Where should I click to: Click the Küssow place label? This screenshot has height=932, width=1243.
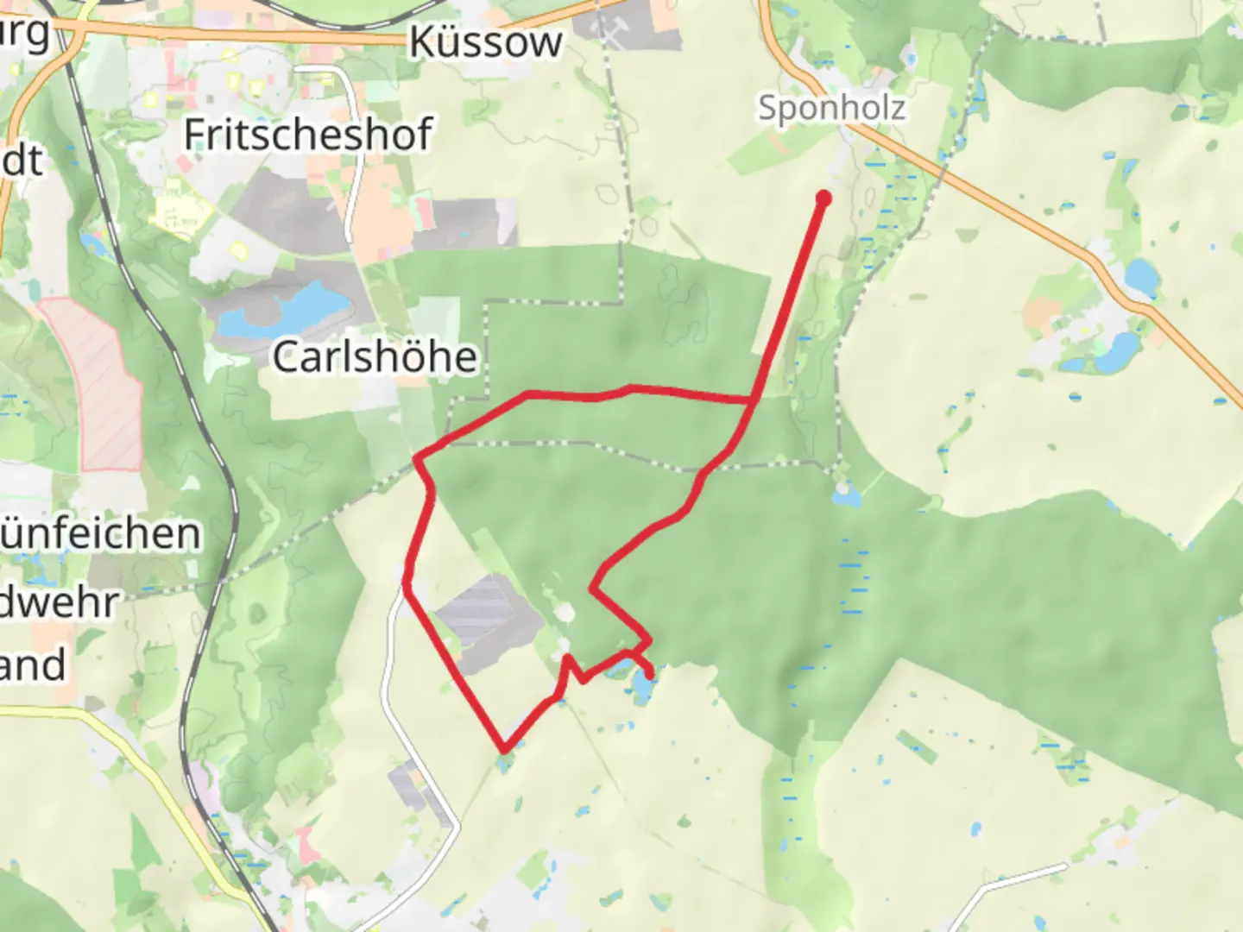[485, 41]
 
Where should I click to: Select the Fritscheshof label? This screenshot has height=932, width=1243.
[307, 135]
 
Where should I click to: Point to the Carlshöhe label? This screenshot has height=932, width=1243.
[375, 356]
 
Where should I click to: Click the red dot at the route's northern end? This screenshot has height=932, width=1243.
[823, 198]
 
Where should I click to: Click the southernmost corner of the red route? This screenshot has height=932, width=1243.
[504, 749]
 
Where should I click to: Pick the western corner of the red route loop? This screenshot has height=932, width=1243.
[418, 459]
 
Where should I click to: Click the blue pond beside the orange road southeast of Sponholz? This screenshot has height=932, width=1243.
[1141, 276]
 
